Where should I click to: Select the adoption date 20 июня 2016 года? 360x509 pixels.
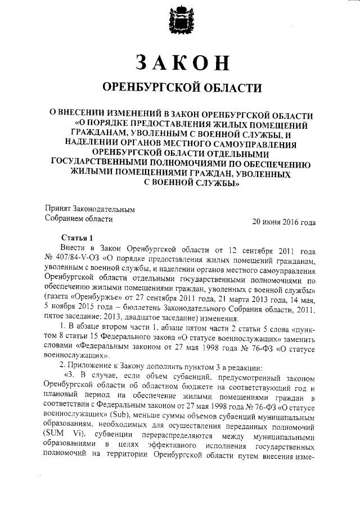point(284,222)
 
